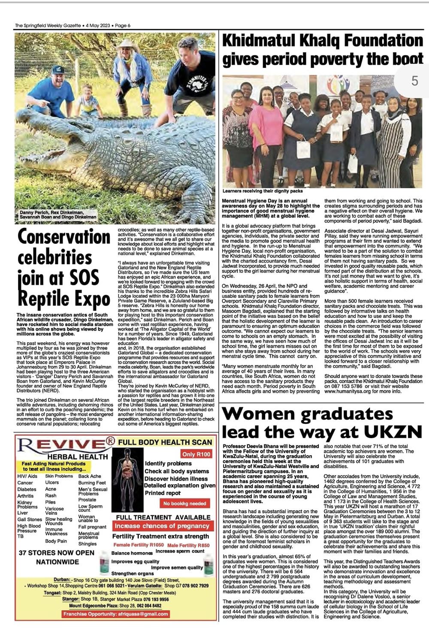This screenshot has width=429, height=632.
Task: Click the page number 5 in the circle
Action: (x=414, y=80)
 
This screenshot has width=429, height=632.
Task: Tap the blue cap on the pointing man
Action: (x=58, y=70)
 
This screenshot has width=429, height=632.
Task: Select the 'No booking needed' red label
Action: (x=184, y=503)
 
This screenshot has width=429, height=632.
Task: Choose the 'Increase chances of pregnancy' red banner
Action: (x=162, y=526)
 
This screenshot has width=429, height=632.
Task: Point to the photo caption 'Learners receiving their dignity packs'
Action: (x=263, y=191)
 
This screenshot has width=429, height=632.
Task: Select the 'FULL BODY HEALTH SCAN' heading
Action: (x=165, y=442)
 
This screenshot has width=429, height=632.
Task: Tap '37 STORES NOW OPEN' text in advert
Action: (x=56, y=553)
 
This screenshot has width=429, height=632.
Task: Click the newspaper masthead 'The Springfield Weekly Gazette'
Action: (x=48, y=25)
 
